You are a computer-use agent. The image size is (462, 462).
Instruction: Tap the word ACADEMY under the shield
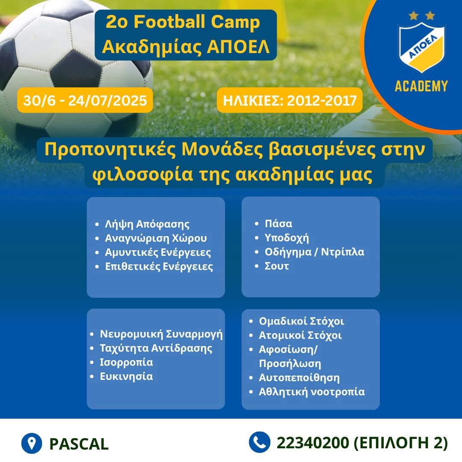421,86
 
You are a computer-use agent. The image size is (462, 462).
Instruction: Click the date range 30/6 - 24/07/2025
85,101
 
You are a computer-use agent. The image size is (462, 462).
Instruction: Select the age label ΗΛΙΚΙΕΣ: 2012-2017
290,101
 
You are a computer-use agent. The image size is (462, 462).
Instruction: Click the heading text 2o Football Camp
183,22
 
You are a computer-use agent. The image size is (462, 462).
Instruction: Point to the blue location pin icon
32,443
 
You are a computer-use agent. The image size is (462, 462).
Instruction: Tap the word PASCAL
79,444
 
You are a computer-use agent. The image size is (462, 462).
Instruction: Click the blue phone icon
259,442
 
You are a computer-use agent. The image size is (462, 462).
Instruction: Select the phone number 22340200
313,443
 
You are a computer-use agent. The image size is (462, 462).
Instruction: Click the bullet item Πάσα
278,224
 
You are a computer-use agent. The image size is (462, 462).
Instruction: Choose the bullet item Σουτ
277,266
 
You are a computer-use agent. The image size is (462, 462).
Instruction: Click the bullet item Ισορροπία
126,362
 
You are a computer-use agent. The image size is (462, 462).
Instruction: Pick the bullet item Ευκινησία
126,376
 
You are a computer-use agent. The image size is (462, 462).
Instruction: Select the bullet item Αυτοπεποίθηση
299,378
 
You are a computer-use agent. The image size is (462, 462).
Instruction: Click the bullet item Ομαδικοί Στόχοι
302,321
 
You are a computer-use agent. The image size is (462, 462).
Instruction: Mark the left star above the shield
414,15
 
